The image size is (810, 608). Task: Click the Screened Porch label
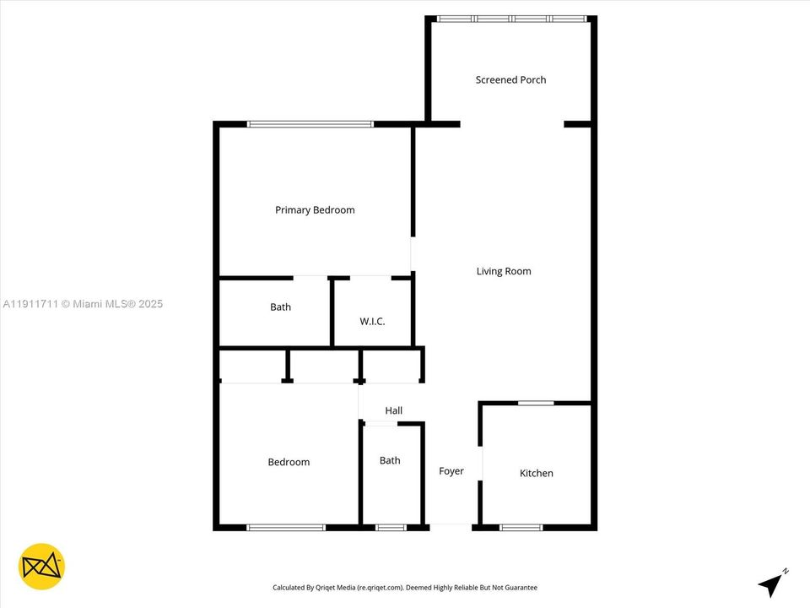[510, 80]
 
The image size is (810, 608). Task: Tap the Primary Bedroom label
[315, 210]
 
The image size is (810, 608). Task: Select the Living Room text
[504, 272]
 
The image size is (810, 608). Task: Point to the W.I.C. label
[372, 321]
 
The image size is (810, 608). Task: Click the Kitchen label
[536, 474]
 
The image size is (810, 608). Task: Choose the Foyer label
[451, 471]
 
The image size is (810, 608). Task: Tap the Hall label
[393, 411]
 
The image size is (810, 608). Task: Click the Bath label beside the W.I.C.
[280, 307]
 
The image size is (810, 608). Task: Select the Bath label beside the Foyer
[390, 461]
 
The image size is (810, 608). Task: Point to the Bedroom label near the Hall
[289, 462]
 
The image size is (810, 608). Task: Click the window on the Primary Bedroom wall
[310, 124]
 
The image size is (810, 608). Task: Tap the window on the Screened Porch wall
[510, 19]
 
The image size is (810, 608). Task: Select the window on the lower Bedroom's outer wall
[286, 528]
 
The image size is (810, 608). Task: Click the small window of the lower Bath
[390, 528]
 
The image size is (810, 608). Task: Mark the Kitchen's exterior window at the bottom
[521, 528]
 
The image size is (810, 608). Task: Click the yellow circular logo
[41, 566]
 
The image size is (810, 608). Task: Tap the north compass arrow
[771, 584]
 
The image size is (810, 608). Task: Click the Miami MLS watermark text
[83, 304]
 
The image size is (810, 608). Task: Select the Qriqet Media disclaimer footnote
[405, 588]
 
